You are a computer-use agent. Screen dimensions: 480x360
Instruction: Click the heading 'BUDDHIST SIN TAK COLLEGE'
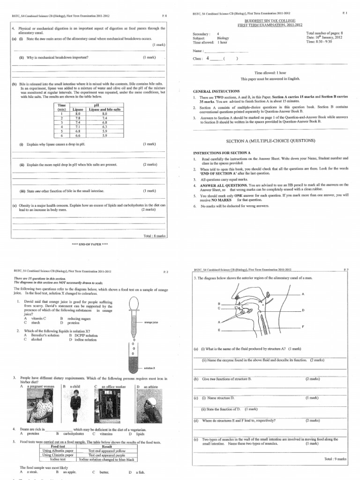click(x=269, y=22)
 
